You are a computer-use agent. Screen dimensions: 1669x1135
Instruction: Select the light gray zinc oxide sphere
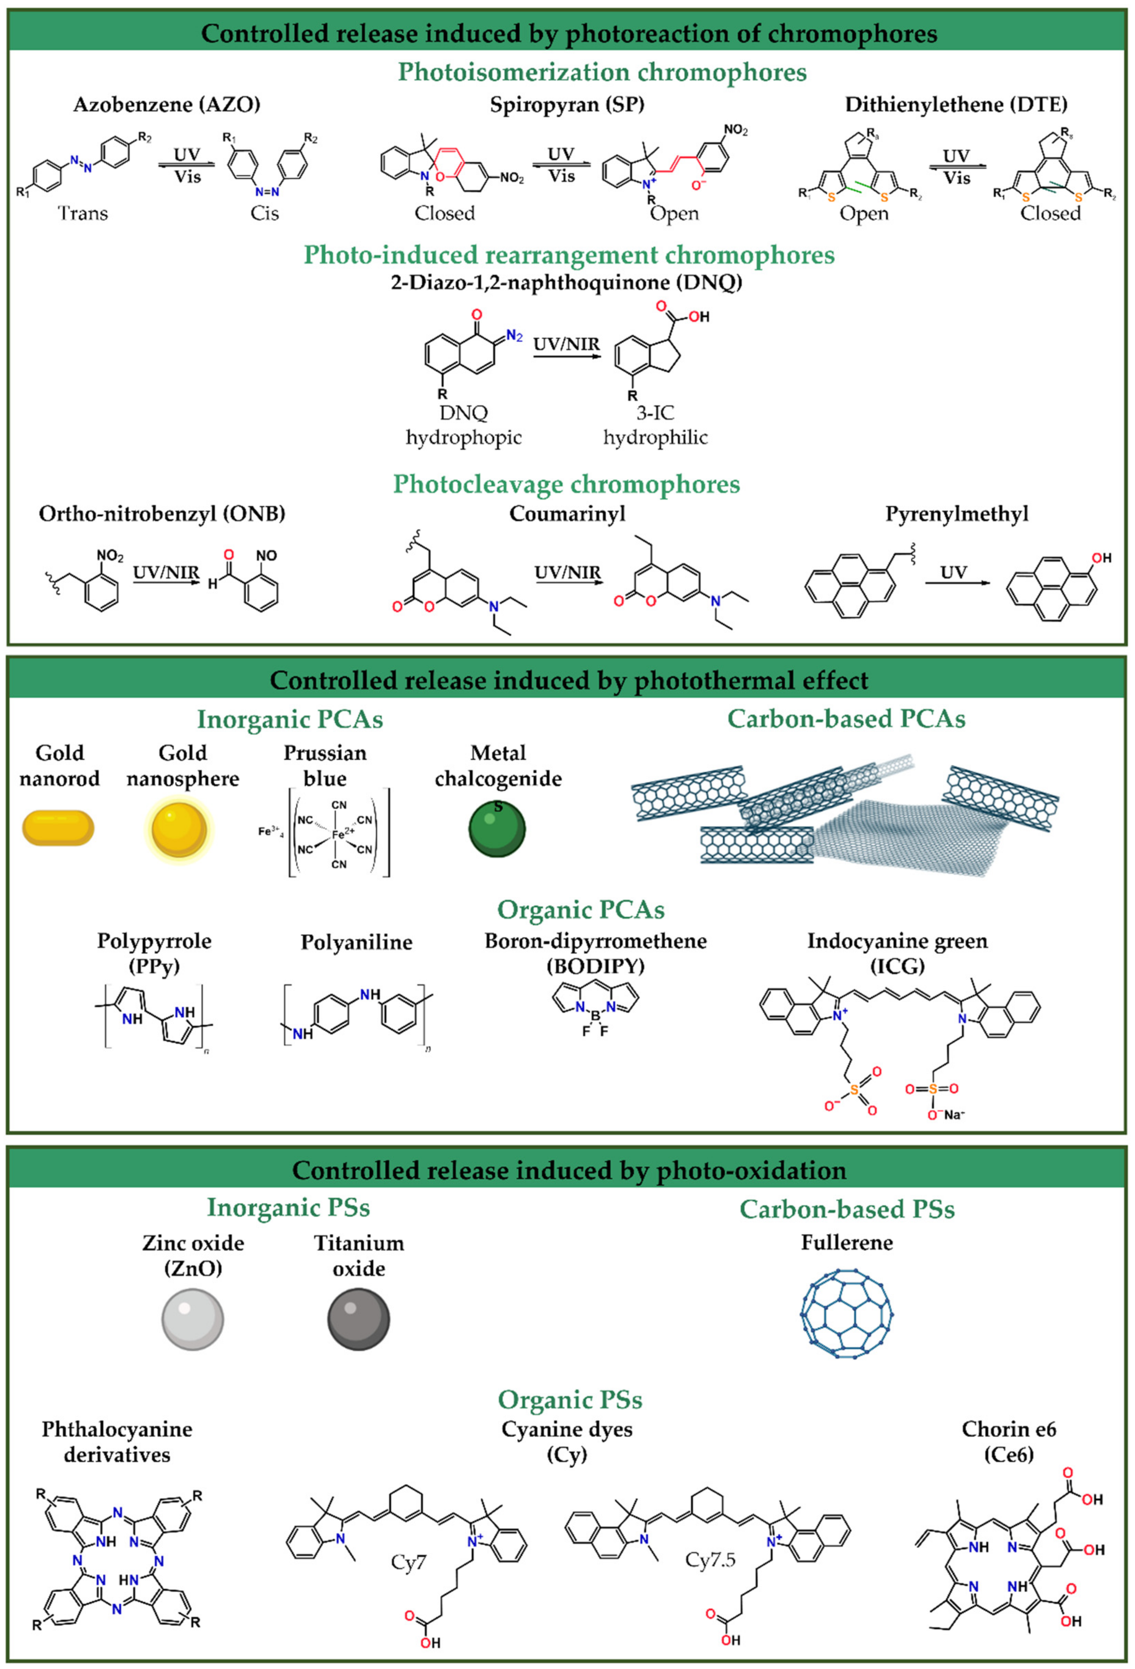[x=192, y=1318]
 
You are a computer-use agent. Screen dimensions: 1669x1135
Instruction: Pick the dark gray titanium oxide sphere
[x=358, y=1318]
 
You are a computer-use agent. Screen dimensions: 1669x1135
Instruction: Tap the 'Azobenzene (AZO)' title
[x=167, y=105]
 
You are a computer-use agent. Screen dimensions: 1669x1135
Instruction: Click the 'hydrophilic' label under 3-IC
[x=655, y=438]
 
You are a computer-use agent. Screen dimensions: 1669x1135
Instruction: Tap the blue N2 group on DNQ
[x=514, y=335]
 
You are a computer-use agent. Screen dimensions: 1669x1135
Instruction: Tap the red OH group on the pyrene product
[x=1101, y=558]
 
